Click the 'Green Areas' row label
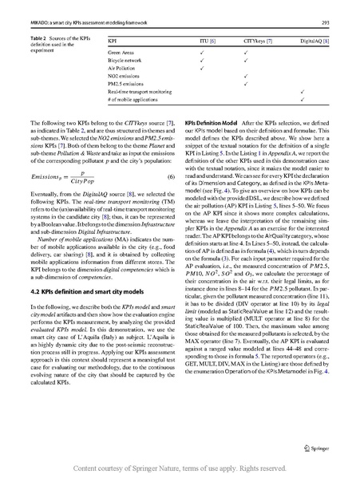tap(121, 51)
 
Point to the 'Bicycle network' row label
tap(125, 60)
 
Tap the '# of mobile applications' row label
tap(134, 101)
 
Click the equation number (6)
tap(170, 176)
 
